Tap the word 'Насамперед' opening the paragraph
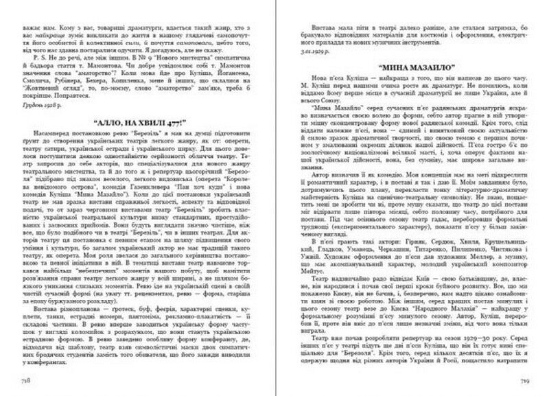point(50,139)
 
